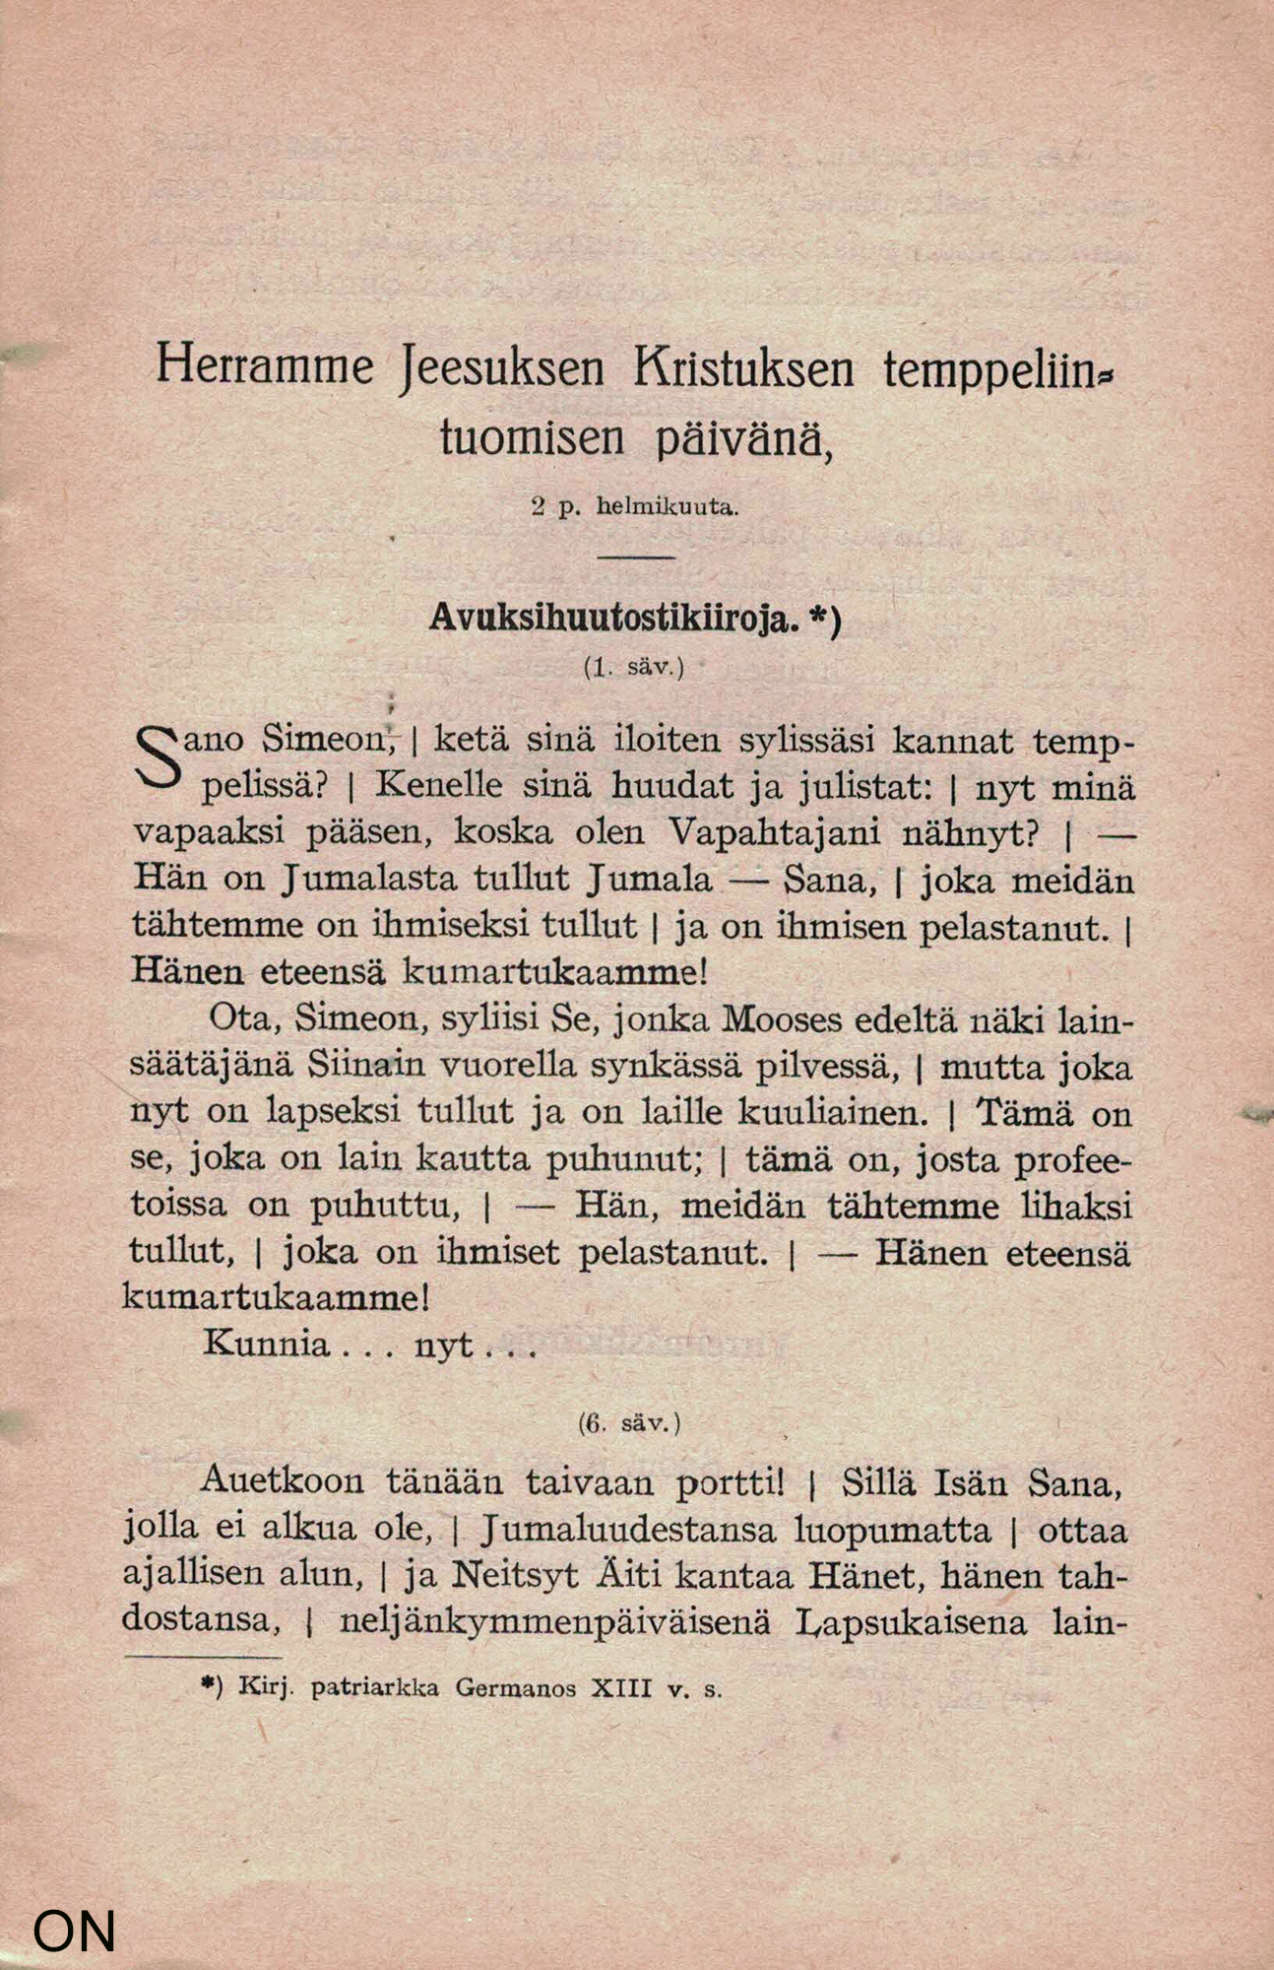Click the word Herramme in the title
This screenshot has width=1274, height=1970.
point(265,366)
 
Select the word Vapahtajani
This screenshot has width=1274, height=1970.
point(774,832)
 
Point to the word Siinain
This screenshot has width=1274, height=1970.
point(365,1066)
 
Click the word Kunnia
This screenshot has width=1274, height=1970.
point(267,1345)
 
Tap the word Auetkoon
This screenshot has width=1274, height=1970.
point(282,1480)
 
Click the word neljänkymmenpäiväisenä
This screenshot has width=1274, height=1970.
point(554,1622)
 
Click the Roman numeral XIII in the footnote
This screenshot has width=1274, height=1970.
point(620,1688)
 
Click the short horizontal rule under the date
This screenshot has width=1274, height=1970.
point(635,558)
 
